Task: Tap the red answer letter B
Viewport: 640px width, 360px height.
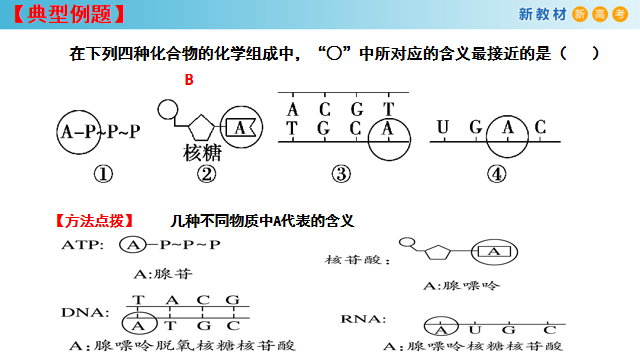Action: [187, 79]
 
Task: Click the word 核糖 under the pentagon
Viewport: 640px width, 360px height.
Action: [203, 153]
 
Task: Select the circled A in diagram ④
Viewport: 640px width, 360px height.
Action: [508, 128]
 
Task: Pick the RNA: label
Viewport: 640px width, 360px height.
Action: [361, 320]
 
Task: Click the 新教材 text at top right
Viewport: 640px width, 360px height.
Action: [544, 15]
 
